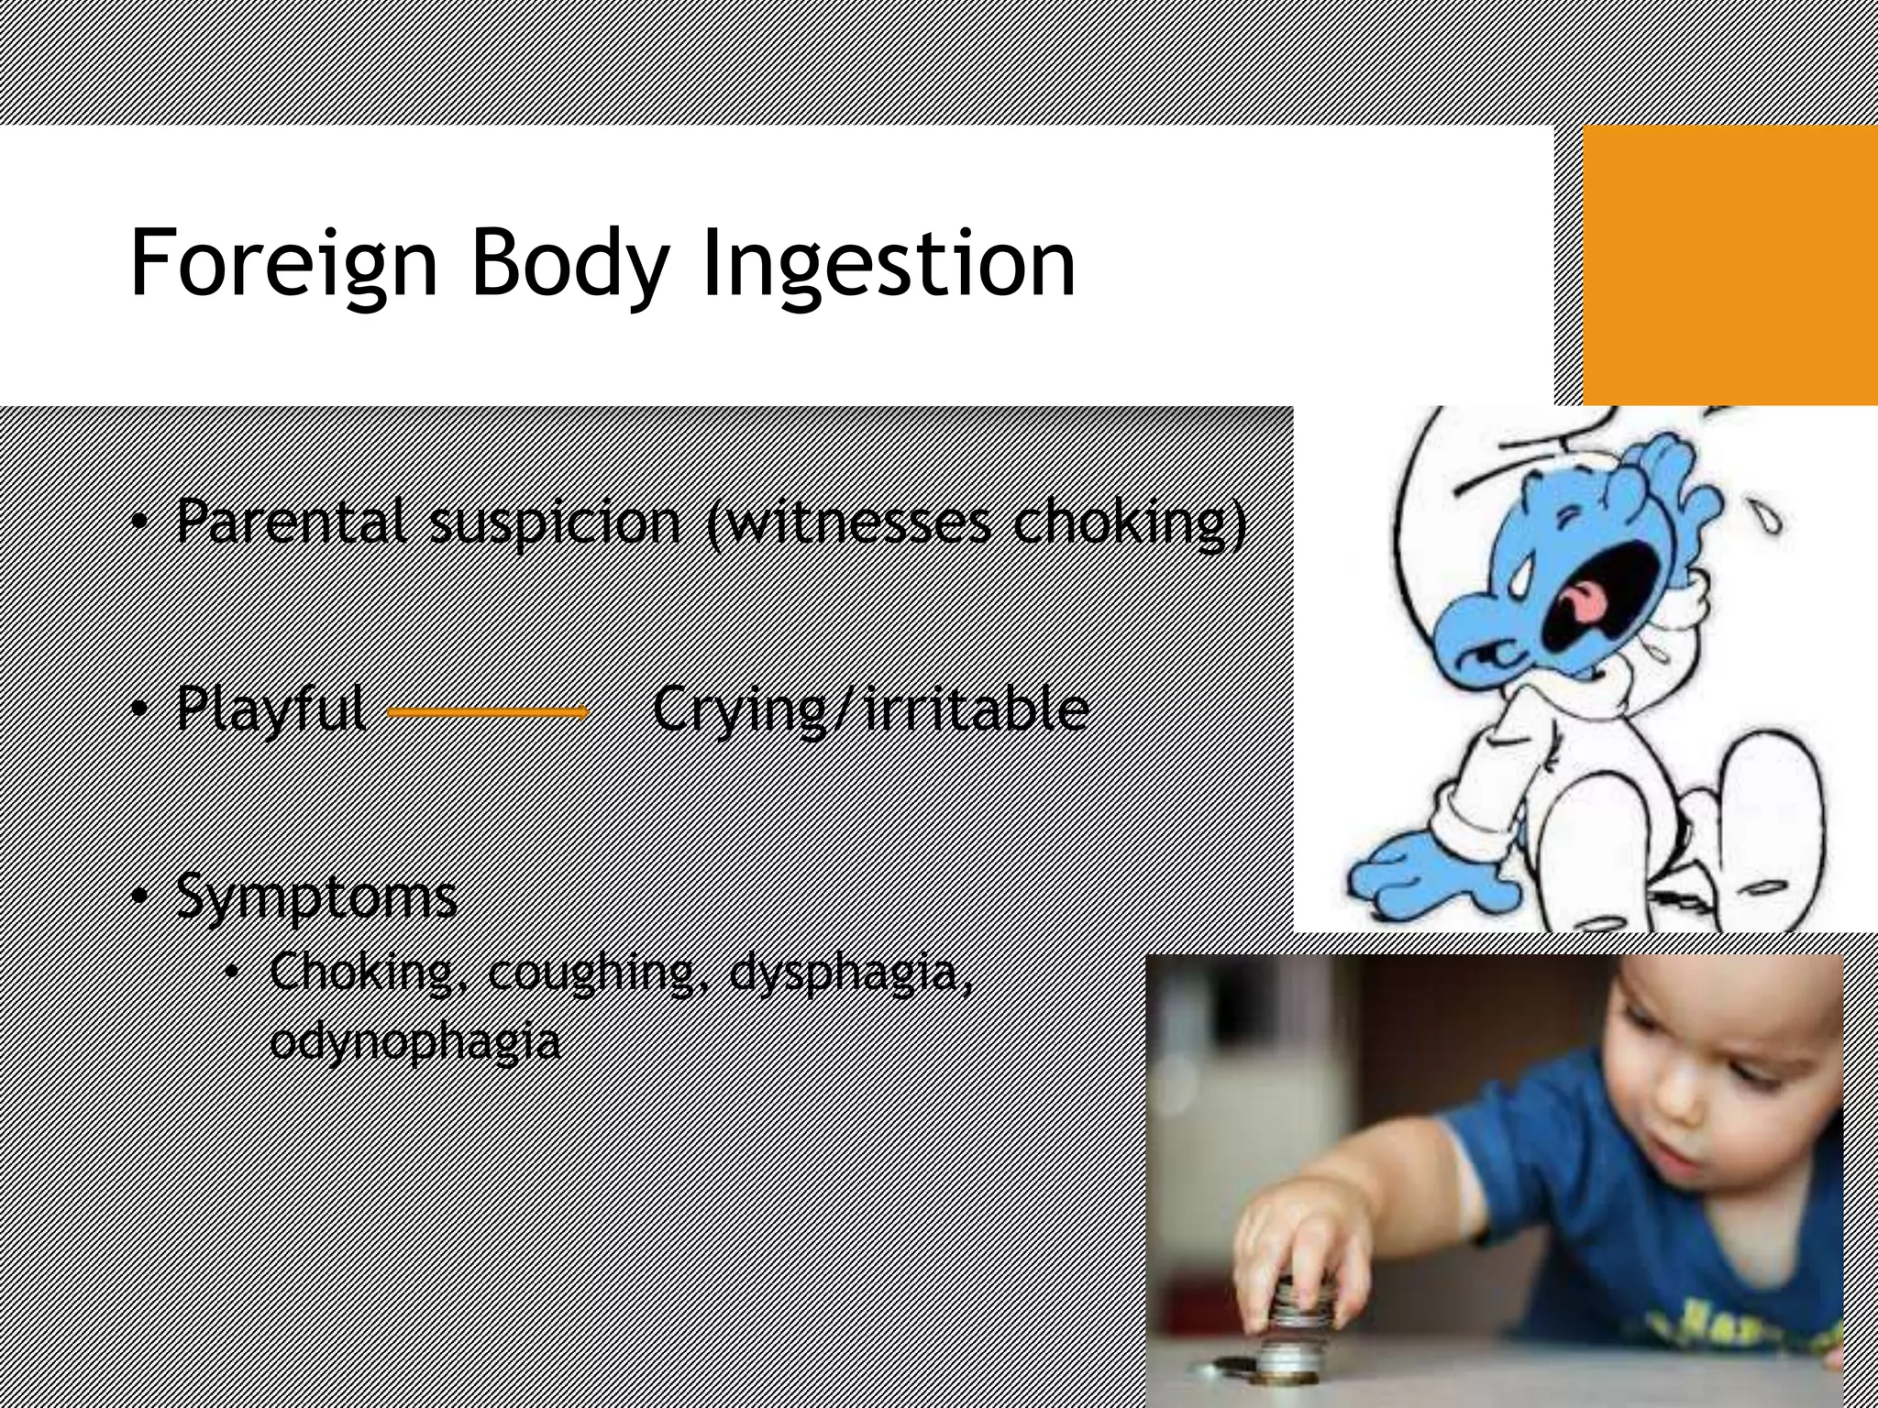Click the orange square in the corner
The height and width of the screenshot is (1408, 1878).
point(1729,264)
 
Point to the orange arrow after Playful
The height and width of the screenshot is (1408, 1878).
point(488,712)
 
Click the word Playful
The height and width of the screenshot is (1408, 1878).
point(271,709)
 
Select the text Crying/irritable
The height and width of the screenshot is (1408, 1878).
point(870,709)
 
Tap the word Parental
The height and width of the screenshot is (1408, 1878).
point(292,521)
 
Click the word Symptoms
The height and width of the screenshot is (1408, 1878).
point(316,896)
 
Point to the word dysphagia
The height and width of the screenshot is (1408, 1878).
point(850,972)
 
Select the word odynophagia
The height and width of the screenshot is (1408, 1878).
point(414,1041)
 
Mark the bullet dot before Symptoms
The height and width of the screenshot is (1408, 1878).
point(138,896)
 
